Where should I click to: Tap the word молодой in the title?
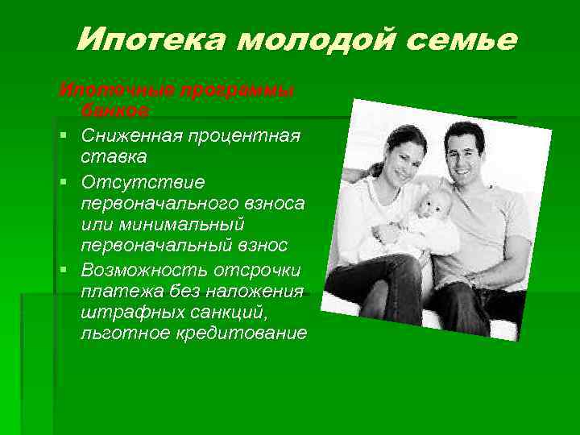click(x=300, y=38)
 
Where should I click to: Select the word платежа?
click(x=115, y=291)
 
